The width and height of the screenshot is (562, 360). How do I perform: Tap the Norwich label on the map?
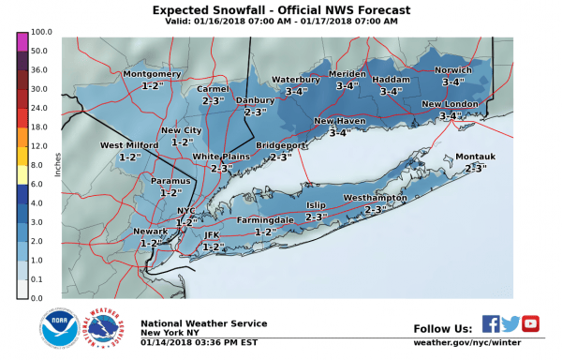453,70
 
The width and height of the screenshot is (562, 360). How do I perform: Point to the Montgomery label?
151,73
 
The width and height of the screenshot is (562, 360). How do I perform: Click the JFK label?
211,234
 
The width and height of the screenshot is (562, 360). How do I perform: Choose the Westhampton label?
375,199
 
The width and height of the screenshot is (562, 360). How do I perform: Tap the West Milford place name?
129,145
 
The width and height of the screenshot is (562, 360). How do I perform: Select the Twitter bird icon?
510,324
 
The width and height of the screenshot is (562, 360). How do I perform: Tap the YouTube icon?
531,324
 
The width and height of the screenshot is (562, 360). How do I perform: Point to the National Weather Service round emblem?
104,329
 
